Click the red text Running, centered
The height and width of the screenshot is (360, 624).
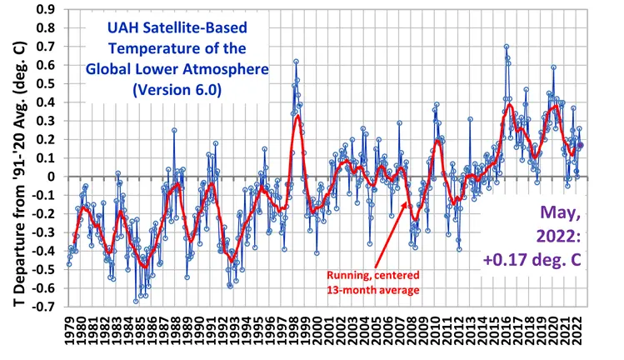click(373, 273)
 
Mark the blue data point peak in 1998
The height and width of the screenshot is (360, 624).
click(296, 62)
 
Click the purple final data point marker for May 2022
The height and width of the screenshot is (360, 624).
click(581, 145)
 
